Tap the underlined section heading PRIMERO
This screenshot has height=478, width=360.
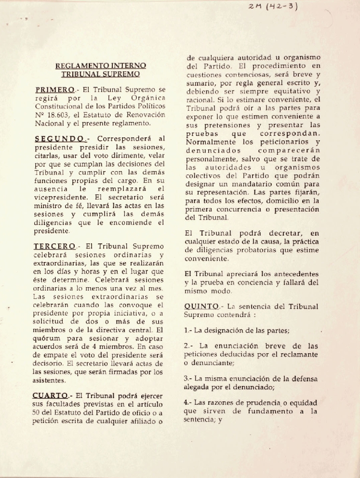coord(54,90)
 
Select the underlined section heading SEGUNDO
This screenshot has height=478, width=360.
coord(58,139)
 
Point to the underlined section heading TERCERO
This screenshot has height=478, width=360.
coord(54,246)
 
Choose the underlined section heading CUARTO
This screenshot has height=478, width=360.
coord(50,395)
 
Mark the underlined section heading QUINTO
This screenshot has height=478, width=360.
coord(201,306)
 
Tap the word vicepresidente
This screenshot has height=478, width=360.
coord(57,197)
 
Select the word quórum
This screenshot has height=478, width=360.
coord(47,338)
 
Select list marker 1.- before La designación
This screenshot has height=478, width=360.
coord(188,331)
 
